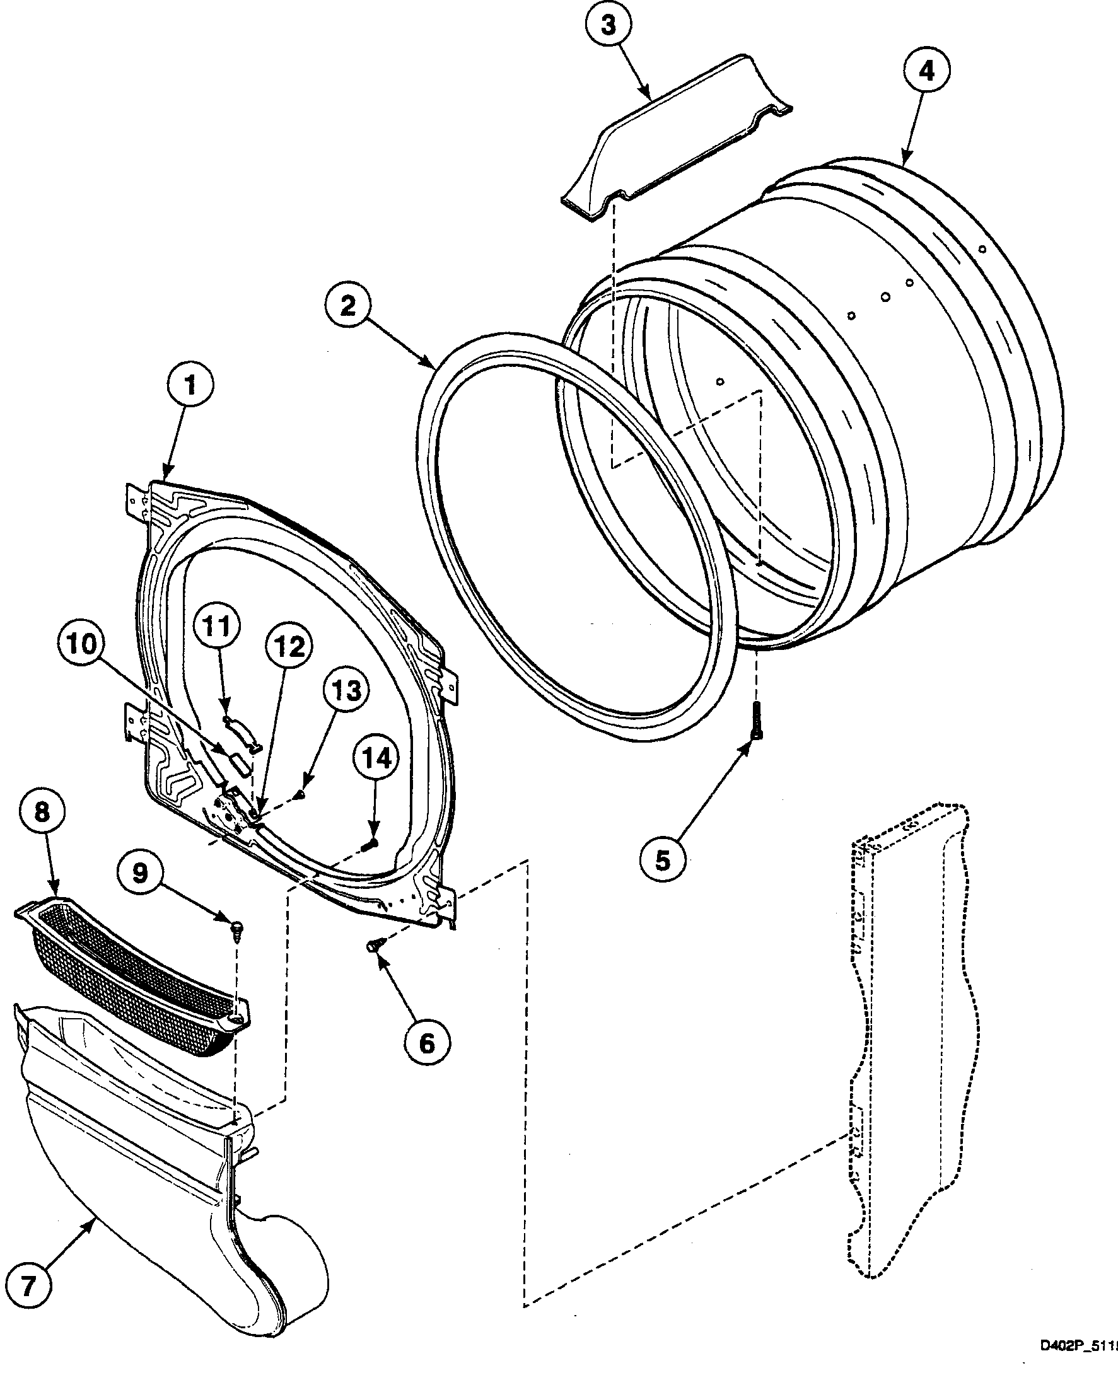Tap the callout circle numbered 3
tap(608, 26)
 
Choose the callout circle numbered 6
tap(427, 1043)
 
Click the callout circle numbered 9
tap(141, 874)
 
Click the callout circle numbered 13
tap(347, 692)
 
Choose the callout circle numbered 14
tap(377, 758)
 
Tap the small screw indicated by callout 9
tap(236, 930)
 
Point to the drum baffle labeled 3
tap(674, 139)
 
